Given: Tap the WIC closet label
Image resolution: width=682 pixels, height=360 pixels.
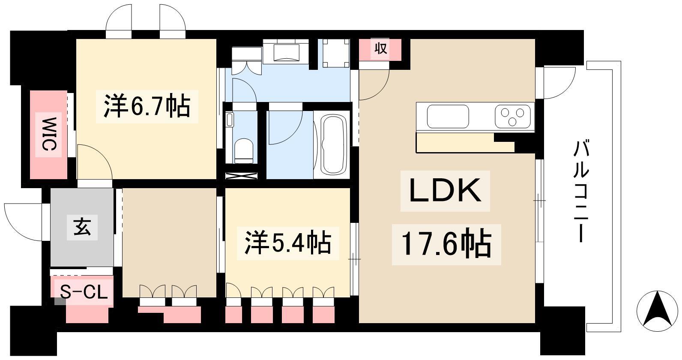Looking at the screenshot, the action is [x=49, y=134].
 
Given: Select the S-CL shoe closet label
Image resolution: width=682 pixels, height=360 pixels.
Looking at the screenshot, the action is [x=84, y=292].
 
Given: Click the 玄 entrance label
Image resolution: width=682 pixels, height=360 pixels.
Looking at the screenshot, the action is [x=82, y=226].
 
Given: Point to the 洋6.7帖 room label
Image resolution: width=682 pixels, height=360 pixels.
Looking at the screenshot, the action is [x=147, y=106].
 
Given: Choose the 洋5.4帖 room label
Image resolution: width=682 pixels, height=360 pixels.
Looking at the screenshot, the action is [x=288, y=243].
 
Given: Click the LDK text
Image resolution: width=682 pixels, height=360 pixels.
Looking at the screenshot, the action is [x=445, y=191].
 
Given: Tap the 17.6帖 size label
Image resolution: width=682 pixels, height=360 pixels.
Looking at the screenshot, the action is [x=446, y=244].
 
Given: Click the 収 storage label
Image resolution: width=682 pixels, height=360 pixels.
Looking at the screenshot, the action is [x=380, y=48].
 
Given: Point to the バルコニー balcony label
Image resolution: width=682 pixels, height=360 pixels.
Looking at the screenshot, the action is [x=581, y=191].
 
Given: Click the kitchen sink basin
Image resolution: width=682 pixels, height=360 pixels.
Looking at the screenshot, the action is [x=448, y=117].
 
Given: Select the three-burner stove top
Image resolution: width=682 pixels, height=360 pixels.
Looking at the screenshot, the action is [x=513, y=117].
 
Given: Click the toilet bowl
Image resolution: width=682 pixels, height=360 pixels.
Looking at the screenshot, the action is [x=244, y=151].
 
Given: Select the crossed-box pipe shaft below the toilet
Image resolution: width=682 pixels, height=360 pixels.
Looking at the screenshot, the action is [x=242, y=176].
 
